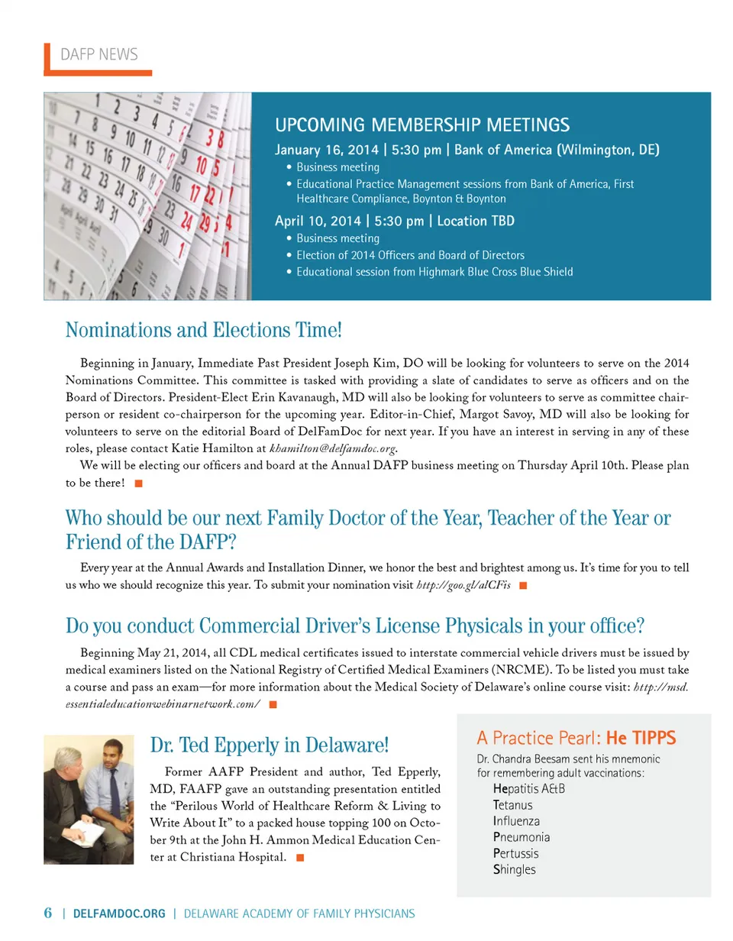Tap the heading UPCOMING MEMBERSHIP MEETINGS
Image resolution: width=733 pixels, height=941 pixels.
coord(421,125)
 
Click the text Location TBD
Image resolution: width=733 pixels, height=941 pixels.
coord(475,221)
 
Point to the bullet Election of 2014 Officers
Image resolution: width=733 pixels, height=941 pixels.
coord(410,255)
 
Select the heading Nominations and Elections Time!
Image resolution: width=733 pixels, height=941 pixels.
coord(204,331)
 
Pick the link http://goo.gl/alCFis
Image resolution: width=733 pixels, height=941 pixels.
coord(463,585)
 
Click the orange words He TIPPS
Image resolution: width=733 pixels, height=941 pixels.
coord(640,738)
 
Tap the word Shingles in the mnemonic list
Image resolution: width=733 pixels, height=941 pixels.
coord(515,869)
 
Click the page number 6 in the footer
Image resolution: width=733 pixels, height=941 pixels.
coord(47,913)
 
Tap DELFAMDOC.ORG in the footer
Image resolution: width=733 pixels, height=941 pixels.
coord(119,914)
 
